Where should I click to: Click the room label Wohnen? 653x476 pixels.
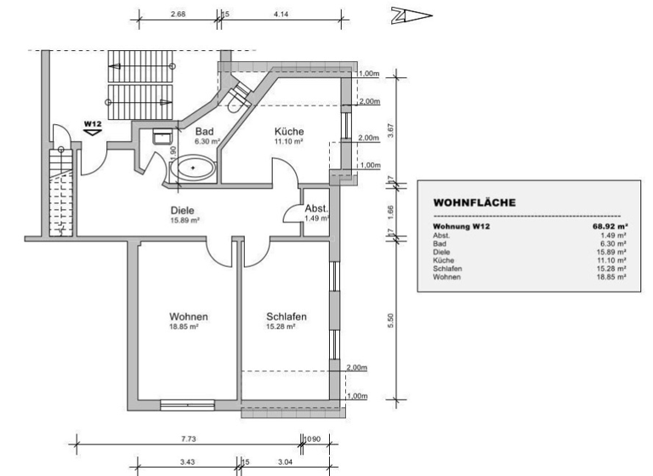(189, 317)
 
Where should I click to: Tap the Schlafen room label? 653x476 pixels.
(287, 317)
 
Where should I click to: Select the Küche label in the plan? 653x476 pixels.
(288, 132)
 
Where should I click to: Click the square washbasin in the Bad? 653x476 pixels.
(162, 135)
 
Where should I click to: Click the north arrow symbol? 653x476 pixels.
(412, 14)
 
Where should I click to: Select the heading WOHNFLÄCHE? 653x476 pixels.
(474, 203)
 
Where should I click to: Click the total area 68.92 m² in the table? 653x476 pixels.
(609, 227)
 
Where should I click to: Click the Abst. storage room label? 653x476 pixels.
(317, 208)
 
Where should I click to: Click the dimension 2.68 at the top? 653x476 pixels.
(179, 14)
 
